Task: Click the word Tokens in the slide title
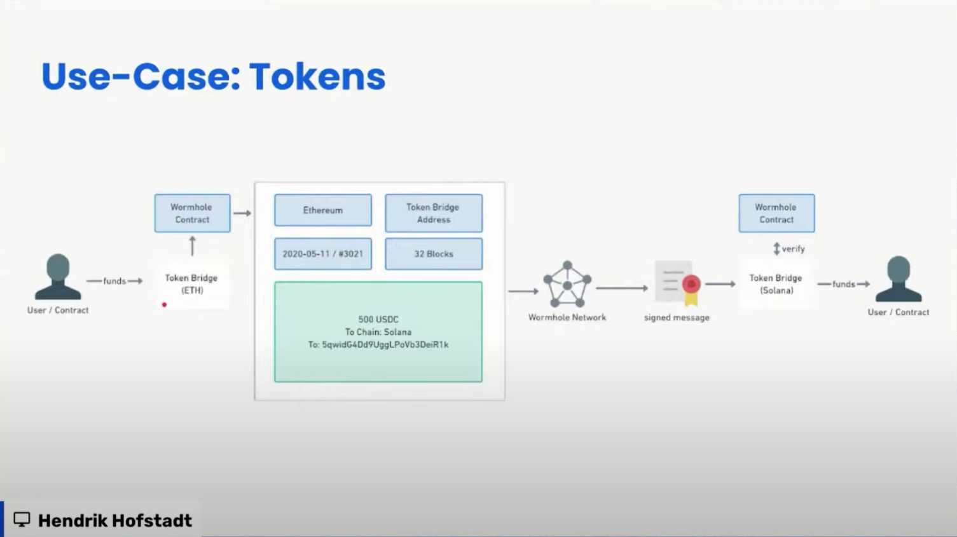pos(317,77)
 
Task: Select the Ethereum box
pos(323,210)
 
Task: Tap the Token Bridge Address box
pos(434,214)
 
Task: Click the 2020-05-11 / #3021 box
pos(323,254)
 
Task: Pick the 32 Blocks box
pos(434,254)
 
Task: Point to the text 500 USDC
pos(378,320)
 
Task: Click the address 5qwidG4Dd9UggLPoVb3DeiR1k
pos(385,344)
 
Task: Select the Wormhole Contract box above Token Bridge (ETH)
pos(192,214)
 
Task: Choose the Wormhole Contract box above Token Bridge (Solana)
pos(776,214)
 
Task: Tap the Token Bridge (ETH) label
pos(191,284)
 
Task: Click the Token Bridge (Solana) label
pos(775,284)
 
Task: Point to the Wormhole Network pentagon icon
pos(567,285)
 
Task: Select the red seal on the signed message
pos(691,284)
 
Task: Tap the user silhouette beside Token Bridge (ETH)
pos(58,277)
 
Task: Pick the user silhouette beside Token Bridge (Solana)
pos(898,279)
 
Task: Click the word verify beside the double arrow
pos(794,249)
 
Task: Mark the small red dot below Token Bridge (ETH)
pos(164,305)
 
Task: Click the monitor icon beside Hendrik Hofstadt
pos(22,520)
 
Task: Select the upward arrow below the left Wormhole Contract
pos(192,246)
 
